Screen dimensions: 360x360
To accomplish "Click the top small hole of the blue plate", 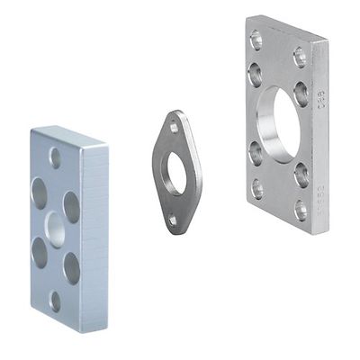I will click(55, 158).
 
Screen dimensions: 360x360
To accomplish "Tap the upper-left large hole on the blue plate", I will click(39, 193).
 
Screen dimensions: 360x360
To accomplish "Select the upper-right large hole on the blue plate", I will click(71, 207).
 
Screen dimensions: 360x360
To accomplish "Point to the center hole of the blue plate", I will click(55, 229).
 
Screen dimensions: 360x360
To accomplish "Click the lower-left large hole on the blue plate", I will click(39, 253).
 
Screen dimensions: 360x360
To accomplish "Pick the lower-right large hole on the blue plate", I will click(71, 267).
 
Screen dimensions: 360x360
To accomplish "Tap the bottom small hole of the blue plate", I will click(55, 301).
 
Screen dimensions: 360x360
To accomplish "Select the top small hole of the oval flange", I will click(174, 128).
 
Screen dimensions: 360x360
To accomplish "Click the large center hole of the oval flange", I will click(175, 174).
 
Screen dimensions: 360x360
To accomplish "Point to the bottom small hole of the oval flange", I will click(173, 219).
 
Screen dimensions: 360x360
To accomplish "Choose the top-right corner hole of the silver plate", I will click(299, 57).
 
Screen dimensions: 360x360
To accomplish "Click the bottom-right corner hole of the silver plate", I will click(301, 211).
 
